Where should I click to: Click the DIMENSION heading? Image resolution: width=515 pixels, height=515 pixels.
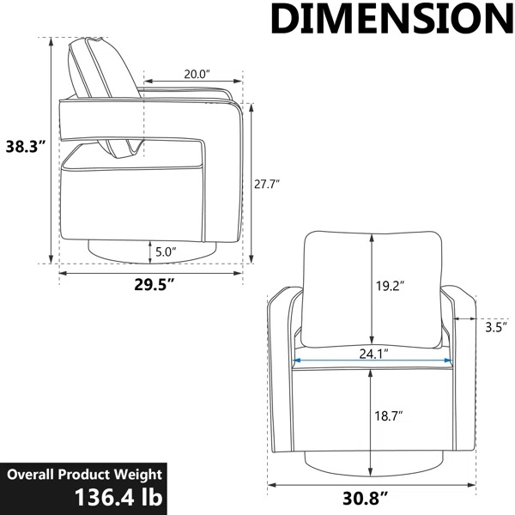click(392, 19)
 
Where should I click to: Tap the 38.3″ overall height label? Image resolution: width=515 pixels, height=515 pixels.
click(25, 147)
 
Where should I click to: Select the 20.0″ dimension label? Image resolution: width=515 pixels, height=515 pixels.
click(197, 75)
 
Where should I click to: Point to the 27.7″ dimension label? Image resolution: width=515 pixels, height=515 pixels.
click(267, 185)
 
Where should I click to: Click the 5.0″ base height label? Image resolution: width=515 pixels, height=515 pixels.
click(166, 252)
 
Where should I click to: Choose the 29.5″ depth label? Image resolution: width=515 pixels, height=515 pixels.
click(154, 284)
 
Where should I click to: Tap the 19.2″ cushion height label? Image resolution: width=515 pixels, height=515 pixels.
click(390, 286)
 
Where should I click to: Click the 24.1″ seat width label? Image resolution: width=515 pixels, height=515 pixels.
click(373, 354)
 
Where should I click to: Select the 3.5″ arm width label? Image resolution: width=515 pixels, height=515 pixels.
click(496, 328)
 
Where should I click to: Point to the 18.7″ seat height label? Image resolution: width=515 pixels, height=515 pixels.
click(389, 416)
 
